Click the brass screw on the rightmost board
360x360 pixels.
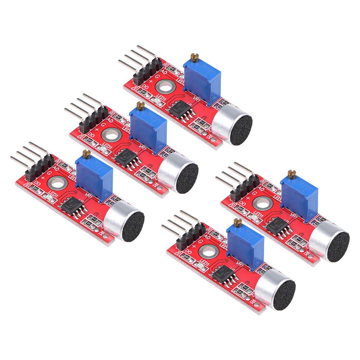tap(292, 173)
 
